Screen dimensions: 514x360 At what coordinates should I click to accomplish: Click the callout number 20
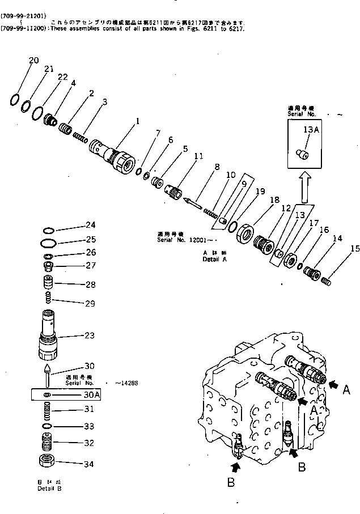click(34, 61)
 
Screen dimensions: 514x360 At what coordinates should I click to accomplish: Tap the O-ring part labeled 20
click(16, 100)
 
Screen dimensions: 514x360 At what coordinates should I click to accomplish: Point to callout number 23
click(89, 335)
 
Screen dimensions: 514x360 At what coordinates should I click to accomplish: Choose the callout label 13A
click(312, 130)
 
